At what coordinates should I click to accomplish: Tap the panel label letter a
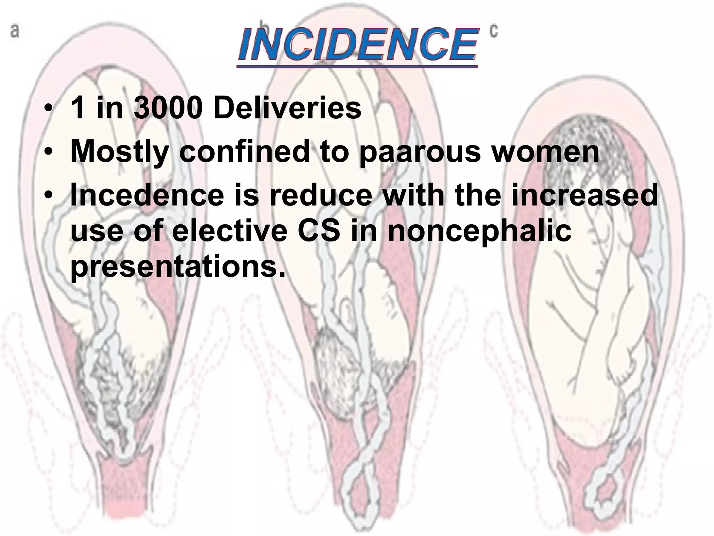coord(14,32)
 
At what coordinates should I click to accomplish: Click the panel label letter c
coord(494,31)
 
